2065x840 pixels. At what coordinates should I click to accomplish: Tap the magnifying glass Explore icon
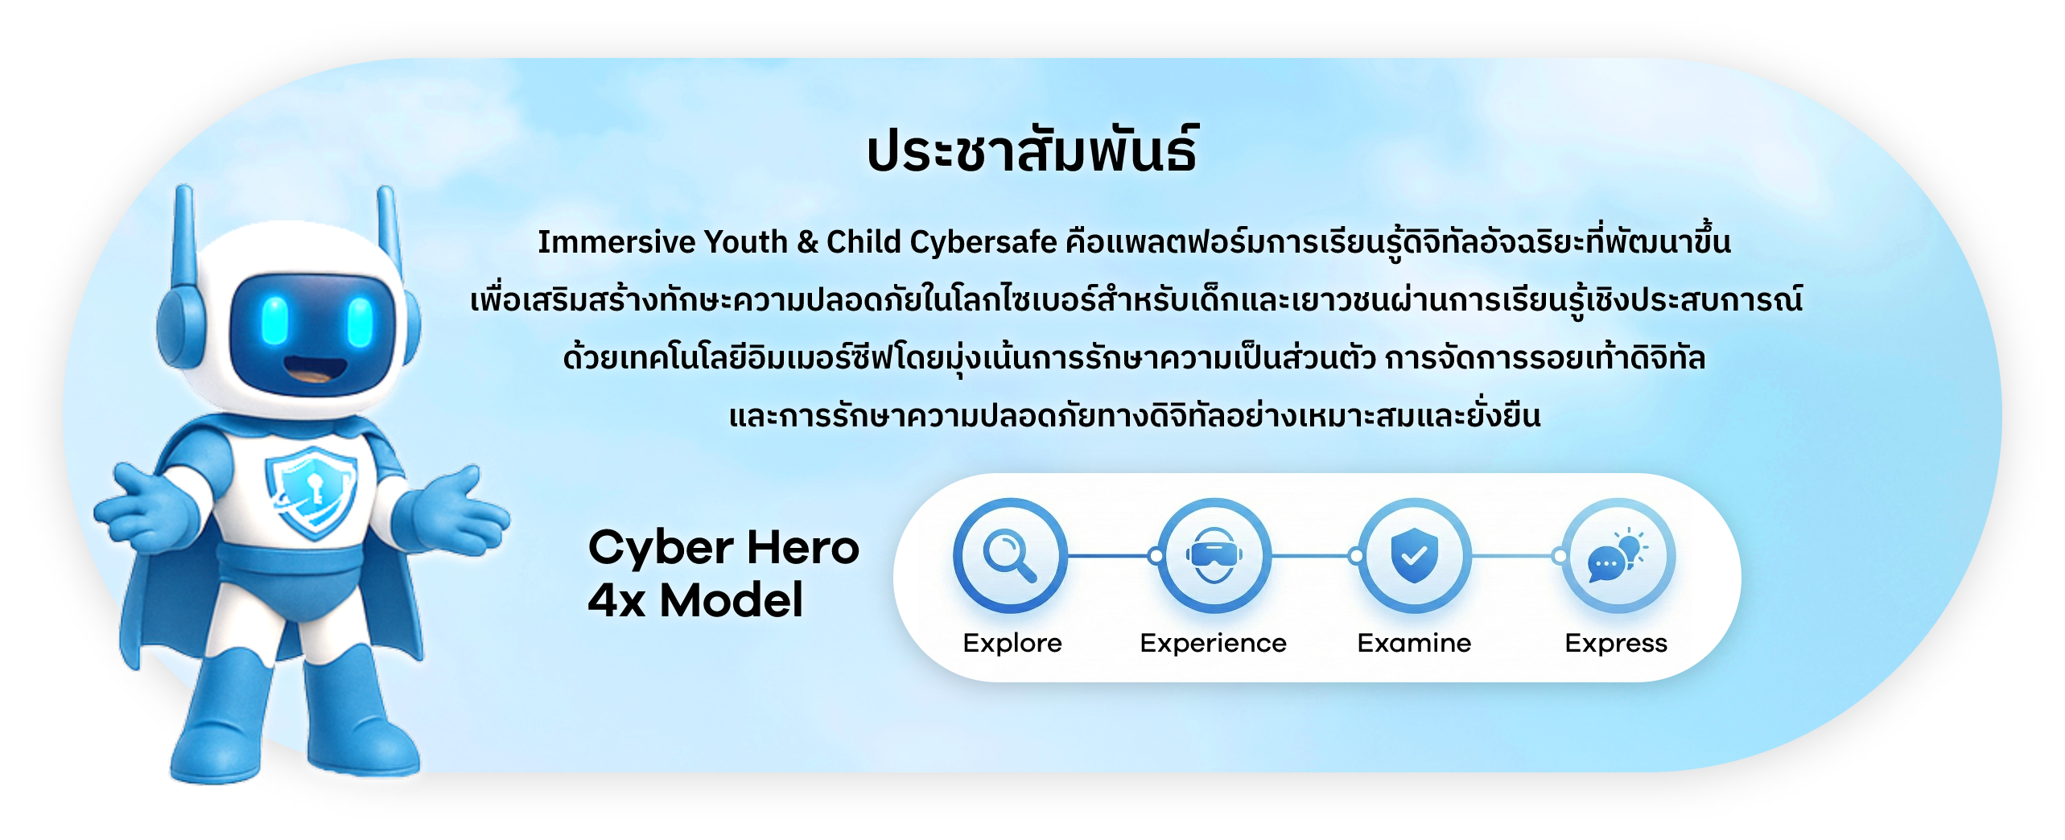tap(1010, 556)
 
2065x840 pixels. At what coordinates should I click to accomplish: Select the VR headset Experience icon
tap(1214, 556)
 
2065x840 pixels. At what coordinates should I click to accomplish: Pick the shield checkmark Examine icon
tap(1414, 556)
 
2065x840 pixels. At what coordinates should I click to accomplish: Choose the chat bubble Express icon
tap(1617, 556)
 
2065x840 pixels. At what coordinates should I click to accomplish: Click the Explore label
tap(1012, 643)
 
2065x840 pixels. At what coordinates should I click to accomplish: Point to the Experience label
tap(1214, 643)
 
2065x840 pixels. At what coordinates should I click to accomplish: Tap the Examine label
tap(1414, 643)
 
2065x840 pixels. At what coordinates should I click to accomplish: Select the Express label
tap(1616, 643)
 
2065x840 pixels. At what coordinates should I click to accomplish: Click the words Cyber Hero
tap(723, 548)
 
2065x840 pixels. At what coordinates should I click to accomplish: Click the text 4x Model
tap(695, 600)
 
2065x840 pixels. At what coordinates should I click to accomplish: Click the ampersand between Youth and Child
tap(807, 241)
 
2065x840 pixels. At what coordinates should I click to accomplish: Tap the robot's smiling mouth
tap(315, 372)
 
